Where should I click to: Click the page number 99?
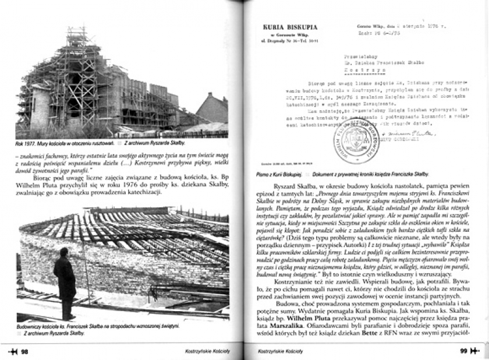coord(464,351)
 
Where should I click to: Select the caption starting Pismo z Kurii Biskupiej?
coord(278,174)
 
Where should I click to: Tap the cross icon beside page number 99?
coord(475,351)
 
